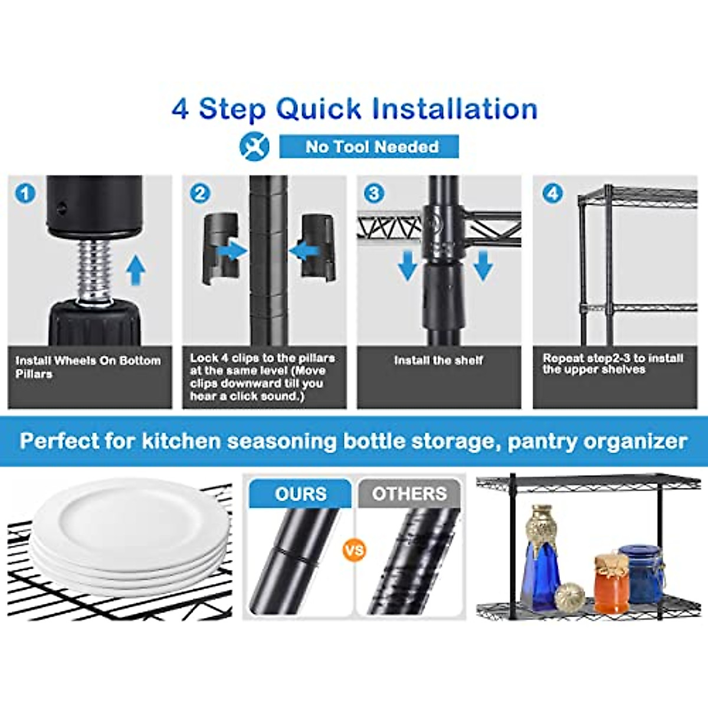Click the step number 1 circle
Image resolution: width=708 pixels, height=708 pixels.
[25, 193]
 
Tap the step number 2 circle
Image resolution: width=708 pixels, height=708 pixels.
[200, 193]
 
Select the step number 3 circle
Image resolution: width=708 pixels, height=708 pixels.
[374, 193]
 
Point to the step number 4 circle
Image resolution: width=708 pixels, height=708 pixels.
[552, 193]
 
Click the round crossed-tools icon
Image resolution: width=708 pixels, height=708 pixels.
[254, 146]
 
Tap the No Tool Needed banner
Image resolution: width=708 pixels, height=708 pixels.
[369, 146]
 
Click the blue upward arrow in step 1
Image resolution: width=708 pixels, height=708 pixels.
[136, 270]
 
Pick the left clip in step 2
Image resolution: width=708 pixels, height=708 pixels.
[221, 248]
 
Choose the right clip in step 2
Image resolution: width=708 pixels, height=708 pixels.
[319, 247]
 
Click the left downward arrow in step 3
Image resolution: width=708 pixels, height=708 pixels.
[407, 265]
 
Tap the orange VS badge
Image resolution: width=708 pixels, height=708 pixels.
[354, 550]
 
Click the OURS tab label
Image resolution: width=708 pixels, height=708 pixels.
[300, 494]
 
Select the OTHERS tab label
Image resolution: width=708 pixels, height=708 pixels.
[409, 494]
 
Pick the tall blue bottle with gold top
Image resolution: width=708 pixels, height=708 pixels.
[540, 558]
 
